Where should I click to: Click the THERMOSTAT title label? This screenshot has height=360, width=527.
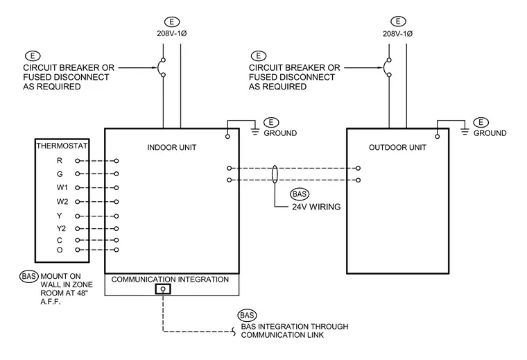62,146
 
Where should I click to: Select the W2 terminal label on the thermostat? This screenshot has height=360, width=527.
62,202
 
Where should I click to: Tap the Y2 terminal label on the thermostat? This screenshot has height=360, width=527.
61,229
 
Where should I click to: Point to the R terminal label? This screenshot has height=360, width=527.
60,161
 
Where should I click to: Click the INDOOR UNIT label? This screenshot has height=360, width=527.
172,147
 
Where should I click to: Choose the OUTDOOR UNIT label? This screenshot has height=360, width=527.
397,147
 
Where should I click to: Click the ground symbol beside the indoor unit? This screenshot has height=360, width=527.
255,131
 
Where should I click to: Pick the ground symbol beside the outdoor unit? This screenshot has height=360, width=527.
465,131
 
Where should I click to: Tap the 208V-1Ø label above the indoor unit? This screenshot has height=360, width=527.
172,33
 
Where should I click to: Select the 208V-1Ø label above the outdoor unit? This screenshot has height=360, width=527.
397,33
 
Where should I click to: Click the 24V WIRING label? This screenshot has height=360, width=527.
316,207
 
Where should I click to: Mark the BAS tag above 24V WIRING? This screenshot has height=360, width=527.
300,194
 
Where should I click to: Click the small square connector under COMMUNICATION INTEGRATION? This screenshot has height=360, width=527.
163,289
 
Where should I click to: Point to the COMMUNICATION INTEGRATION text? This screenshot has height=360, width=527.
170,280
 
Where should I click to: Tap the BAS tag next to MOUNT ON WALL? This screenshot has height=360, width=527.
29,276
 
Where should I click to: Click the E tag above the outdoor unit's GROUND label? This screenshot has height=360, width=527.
481,122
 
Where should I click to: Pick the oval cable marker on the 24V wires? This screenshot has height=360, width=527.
275,174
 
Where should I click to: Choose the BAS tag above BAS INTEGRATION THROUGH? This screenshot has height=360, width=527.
247,316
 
